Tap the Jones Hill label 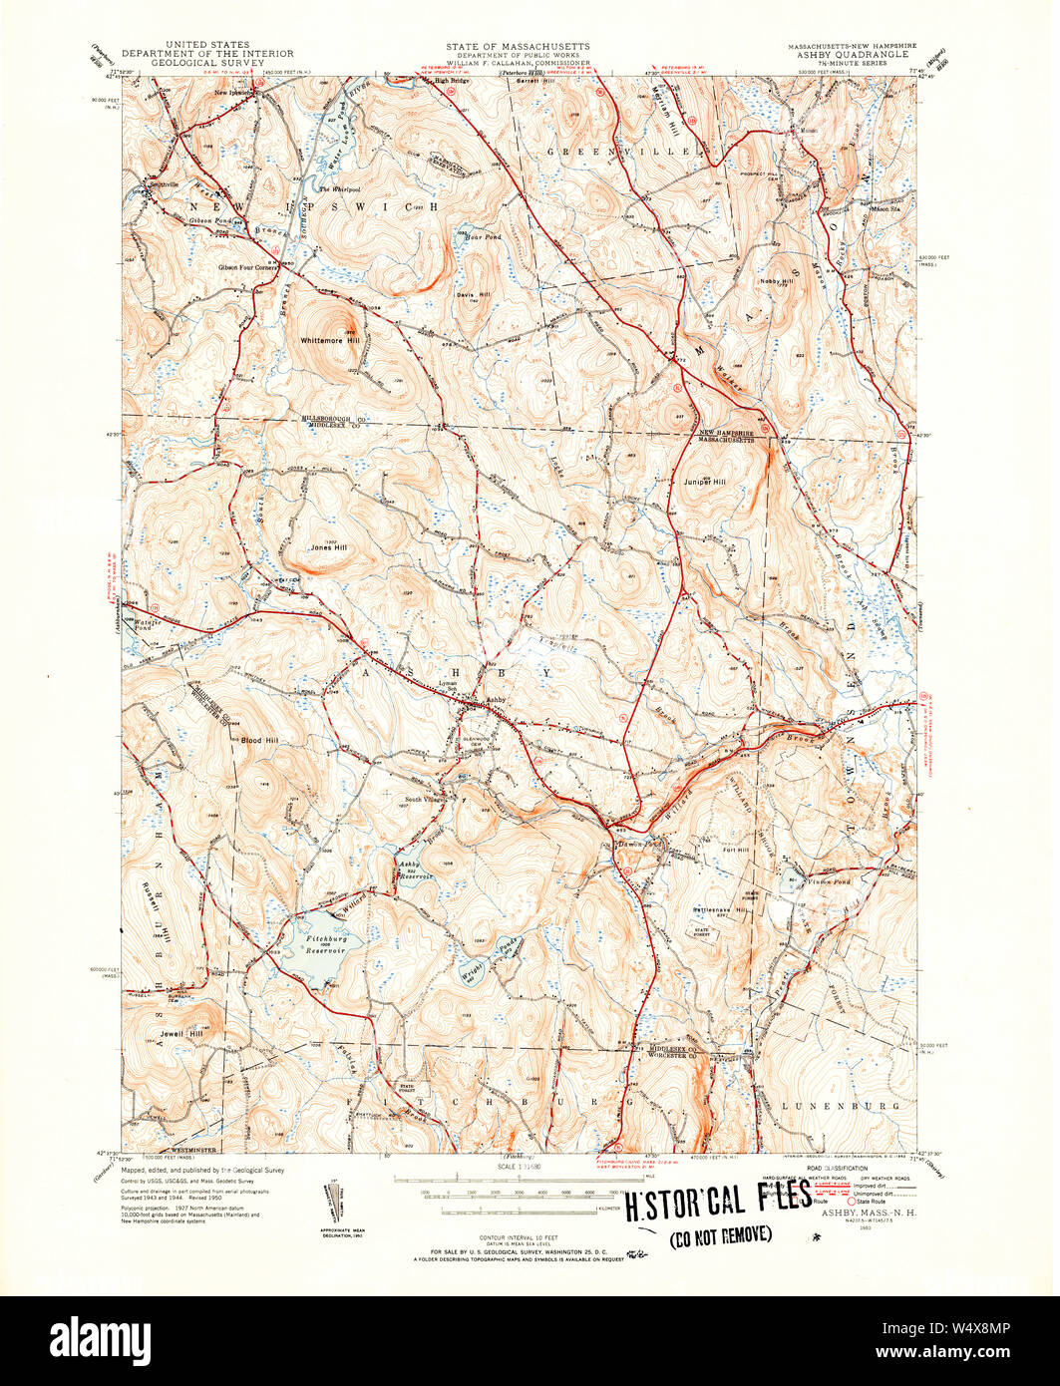[328, 547]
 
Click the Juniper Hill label [705, 482]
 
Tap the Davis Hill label [473, 295]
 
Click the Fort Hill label [736, 851]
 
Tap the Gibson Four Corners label [250, 267]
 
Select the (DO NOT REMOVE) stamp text [720, 1235]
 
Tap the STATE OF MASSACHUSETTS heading [518, 46]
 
